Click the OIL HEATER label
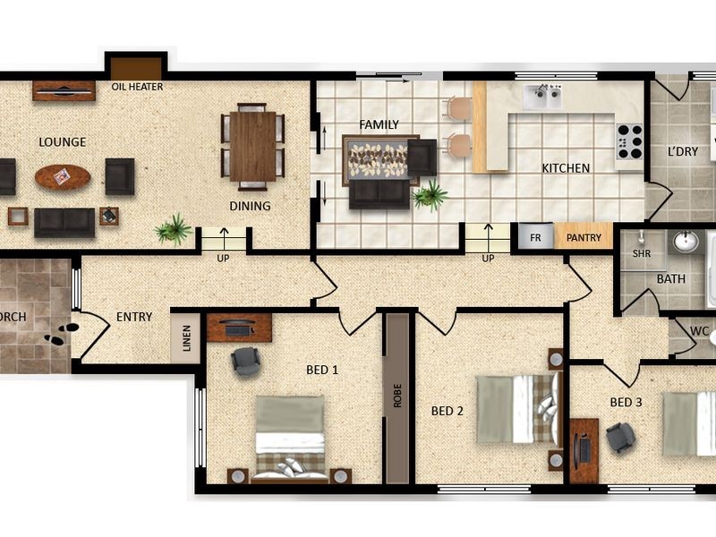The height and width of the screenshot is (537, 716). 137,86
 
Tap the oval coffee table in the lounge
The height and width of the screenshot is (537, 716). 63,176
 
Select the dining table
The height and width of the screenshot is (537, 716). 252,147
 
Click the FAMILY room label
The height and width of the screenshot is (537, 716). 379,124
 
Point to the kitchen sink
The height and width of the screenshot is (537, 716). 542,98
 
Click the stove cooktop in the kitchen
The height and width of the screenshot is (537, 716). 630,141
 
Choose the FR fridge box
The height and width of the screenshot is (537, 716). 535,237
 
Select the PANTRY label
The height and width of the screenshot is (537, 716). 584,237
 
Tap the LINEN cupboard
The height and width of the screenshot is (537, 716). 186,338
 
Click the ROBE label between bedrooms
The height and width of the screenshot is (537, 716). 397,396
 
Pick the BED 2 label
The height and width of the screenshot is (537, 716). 447,411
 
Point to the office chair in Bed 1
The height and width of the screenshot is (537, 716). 245,362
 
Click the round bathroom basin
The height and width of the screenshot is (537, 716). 686,242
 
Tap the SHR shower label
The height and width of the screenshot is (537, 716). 642,253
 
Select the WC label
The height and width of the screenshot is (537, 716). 699,331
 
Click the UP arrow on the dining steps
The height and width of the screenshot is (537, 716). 224,235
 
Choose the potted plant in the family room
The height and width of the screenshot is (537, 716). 430,195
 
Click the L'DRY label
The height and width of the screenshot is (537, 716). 683,151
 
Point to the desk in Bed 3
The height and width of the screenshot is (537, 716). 584,451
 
